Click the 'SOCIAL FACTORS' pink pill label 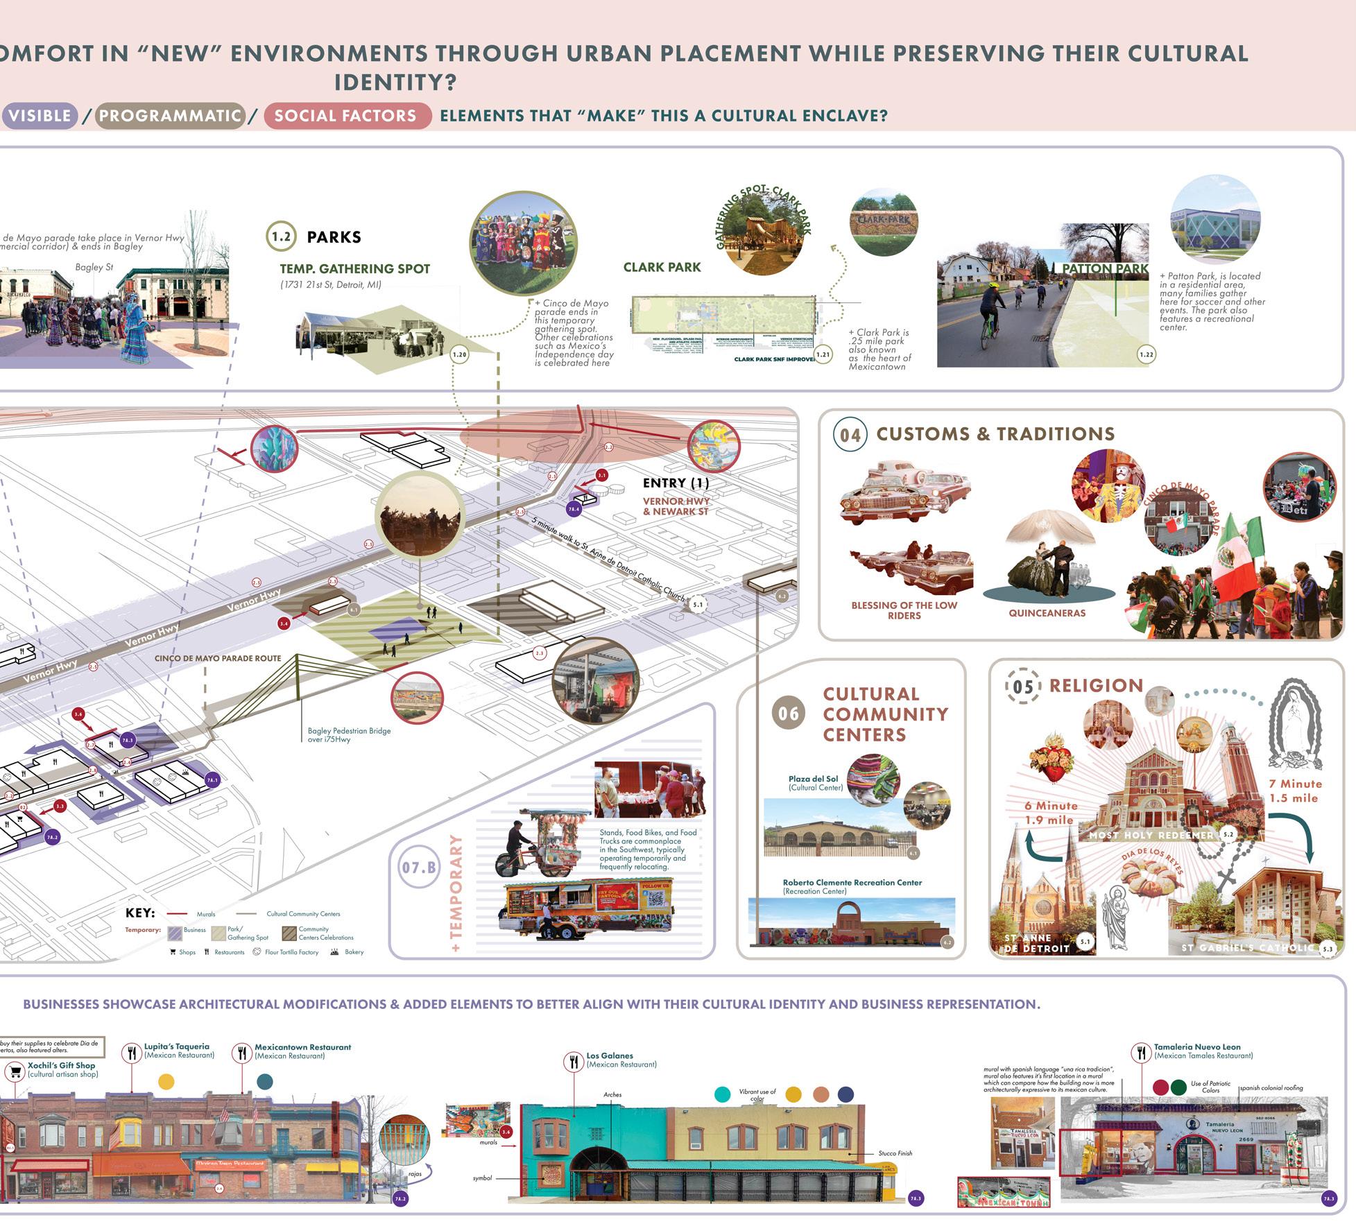click(x=345, y=116)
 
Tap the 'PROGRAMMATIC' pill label click(x=170, y=116)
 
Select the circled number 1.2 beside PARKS click(x=281, y=236)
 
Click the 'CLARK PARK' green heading click(x=662, y=267)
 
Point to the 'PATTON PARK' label click(x=1105, y=269)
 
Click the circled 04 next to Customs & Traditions click(x=850, y=435)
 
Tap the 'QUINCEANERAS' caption click(x=1047, y=613)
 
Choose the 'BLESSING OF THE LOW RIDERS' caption click(x=904, y=610)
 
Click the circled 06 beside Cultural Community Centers click(x=789, y=714)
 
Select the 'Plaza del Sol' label click(x=813, y=779)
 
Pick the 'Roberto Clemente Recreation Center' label click(x=852, y=883)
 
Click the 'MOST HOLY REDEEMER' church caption click(x=1151, y=835)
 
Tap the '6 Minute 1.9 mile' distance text click(x=1051, y=813)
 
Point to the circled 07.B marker click(x=420, y=868)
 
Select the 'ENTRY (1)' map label click(x=676, y=483)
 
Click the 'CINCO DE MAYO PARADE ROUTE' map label click(x=218, y=658)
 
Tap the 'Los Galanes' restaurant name click(x=610, y=1056)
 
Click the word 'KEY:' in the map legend click(x=140, y=913)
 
